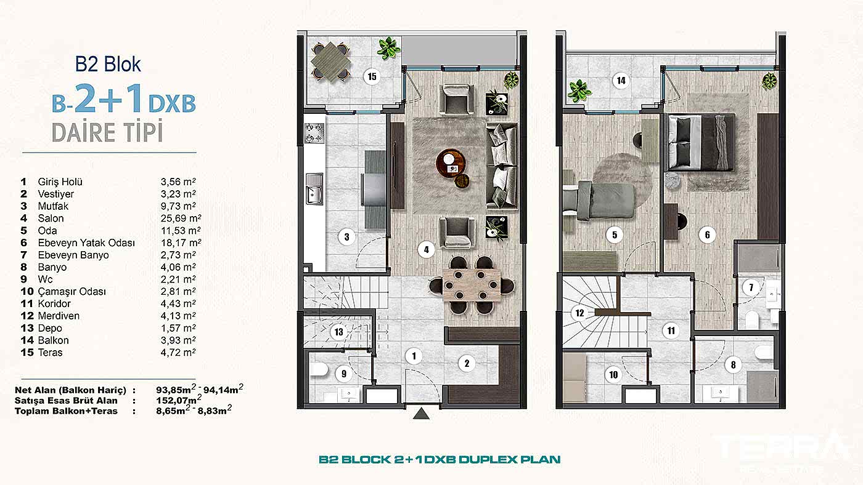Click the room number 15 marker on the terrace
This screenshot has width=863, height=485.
pos(372,77)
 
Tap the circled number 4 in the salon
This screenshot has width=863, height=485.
pos(425,250)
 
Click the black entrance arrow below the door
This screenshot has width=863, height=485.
pos(421,414)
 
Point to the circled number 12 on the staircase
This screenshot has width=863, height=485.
pos(579,313)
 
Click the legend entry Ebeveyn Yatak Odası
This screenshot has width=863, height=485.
pos(86,243)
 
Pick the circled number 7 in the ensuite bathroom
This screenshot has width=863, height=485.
pos(750,287)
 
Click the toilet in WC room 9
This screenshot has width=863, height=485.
pos(319,370)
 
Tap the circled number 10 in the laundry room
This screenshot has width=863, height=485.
pos(613,374)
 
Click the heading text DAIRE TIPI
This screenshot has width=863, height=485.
pos(107,132)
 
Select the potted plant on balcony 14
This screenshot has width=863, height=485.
pos(579,91)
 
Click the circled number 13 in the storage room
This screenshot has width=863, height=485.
pos(338,332)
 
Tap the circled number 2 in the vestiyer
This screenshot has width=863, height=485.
pos(467,363)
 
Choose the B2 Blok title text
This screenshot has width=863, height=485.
pos(108,64)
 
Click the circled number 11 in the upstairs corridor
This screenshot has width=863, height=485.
pos(671,331)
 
